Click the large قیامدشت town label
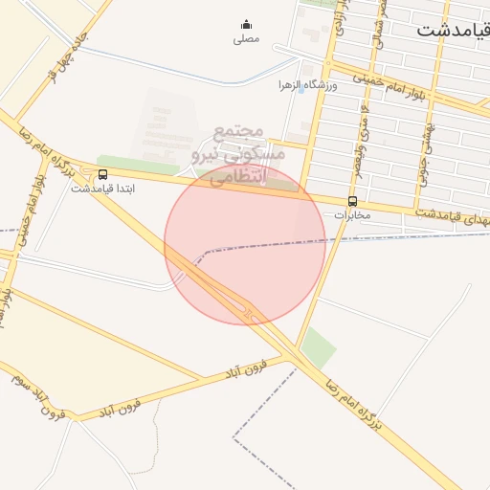click(x=452, y=30)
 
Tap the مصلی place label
click(x=246, y=39)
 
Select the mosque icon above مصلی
click(x=246, y=26)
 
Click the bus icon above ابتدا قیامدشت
click(x=102, y=174)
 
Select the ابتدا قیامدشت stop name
click(x=102, y=189)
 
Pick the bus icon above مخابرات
click(x=352, y=202)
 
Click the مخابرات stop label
click(x=351, y=215)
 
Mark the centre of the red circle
click(x=245, y=245)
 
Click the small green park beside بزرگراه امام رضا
click(x=320, y=347)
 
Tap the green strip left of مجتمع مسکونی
click(x=124, y=164)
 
